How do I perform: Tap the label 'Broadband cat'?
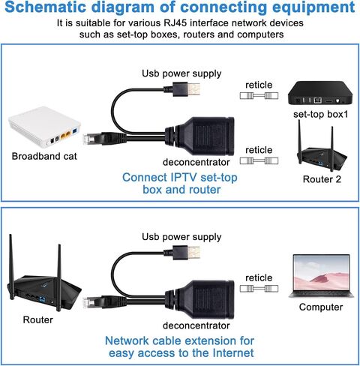[44, 157]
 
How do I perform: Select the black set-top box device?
[320, 93]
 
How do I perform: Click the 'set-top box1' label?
[320, 115]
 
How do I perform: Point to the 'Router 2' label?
[322, 179]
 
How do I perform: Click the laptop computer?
[321, 276]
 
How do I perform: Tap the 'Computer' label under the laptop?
[321, 307]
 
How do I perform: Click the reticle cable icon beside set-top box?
[259, 96]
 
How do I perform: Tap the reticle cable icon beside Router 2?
[259, 160]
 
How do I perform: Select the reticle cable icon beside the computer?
[259, 289]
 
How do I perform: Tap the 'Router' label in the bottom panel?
[38, 320]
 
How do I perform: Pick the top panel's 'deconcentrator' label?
[196, 163]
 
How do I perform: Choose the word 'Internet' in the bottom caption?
[233, 353]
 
